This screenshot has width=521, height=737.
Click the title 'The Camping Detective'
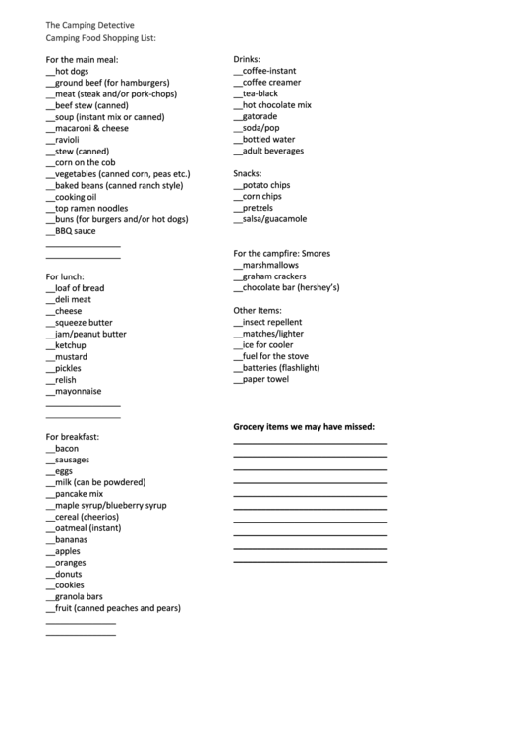coord(90,24)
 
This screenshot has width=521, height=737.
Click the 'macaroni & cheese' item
coord(91,128)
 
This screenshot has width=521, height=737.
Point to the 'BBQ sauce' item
coord(76,231)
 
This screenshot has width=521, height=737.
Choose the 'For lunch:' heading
coord(65,276)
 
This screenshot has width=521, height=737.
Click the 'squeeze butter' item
coord(84,323)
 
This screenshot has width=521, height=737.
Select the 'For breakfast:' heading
coord(73,436)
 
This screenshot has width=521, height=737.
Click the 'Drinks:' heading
coord(247,60)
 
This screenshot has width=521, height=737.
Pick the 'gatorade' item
coord(260,116)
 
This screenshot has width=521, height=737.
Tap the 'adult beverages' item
coord(273,151)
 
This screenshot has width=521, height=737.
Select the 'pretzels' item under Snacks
coord(260,208)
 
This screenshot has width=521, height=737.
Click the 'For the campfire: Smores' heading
coord(281,254)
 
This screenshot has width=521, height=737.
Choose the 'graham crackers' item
coord(274,276)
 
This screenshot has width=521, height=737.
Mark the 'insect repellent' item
coord(272,322)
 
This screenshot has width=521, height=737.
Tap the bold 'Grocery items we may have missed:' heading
coord(304,427)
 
